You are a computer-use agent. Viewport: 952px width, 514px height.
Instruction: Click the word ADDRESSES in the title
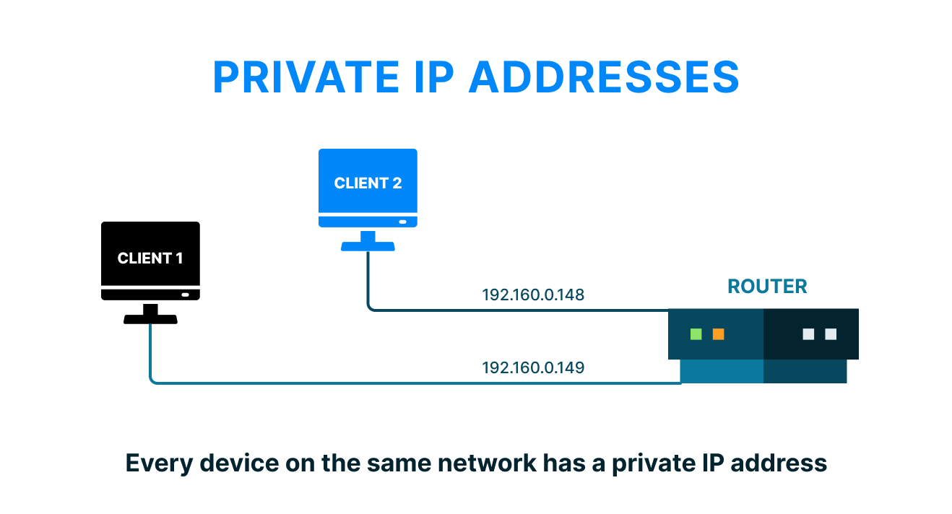click(x=604, y=77)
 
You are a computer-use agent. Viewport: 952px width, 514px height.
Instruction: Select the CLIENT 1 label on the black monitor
click(x=150, y=258)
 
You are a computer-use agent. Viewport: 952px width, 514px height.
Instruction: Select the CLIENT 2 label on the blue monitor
click(x=368, y=183)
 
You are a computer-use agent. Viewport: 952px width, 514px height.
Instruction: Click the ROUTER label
click(x=767, y=287)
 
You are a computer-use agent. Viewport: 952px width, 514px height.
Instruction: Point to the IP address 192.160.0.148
click(x=533, y=295)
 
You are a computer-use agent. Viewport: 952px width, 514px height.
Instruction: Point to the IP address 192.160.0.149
click(x=533, y=367)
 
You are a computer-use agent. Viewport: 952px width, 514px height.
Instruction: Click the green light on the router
click(x=696, y=334)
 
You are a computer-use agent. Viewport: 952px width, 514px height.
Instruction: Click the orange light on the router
click(x=718, y=334)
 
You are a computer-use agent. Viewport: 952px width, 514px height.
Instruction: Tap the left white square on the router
click(x=808, y=334)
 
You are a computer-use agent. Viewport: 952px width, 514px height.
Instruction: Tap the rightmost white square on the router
click(x=831, y=334)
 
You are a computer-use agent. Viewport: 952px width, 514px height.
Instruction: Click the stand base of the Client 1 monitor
click(x=150, y=319)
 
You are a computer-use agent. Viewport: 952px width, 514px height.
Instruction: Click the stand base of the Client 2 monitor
click(x=368, y=246)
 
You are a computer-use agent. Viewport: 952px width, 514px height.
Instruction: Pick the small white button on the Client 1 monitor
click(x=186, y=295)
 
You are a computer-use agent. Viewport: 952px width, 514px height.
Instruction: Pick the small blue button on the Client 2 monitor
click(x=402, y=222)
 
